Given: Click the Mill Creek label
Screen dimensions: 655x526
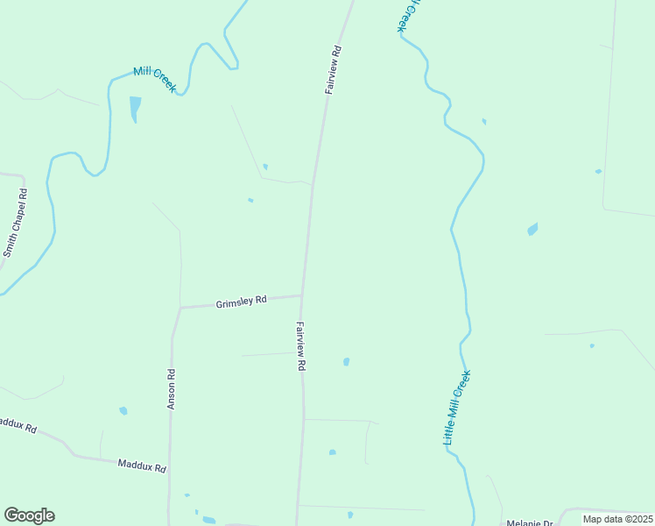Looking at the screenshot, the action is tap(155, 80).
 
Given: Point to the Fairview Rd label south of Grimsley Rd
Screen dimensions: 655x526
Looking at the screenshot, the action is tap(299, 347).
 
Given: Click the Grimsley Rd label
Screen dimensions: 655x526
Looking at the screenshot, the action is tap(241, 302).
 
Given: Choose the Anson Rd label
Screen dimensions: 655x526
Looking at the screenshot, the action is tap(172, 390).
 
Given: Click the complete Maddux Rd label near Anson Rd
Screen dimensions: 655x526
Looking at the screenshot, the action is tap(142, 465).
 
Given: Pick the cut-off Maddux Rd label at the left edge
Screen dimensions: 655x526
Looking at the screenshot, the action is tap(18, 425).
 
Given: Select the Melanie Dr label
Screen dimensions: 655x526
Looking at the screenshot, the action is tap(529, 522).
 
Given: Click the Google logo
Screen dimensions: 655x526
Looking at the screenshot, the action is tap(29, 515).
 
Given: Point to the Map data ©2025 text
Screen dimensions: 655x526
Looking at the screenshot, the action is tap(616, 519).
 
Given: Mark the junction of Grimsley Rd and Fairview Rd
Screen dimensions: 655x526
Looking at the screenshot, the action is tap(302, 295).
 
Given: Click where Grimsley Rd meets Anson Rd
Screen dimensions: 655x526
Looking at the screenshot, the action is tap(180, 308).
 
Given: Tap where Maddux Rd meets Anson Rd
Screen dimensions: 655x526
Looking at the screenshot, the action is tap(169, 472).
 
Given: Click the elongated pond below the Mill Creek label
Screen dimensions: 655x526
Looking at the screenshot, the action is tap(135, 109).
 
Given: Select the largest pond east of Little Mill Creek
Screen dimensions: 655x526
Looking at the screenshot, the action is tap(532, 230).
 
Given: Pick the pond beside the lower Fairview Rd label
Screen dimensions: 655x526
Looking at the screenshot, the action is tap(347, 361).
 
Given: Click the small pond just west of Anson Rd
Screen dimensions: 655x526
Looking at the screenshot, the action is tap(123, 410).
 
